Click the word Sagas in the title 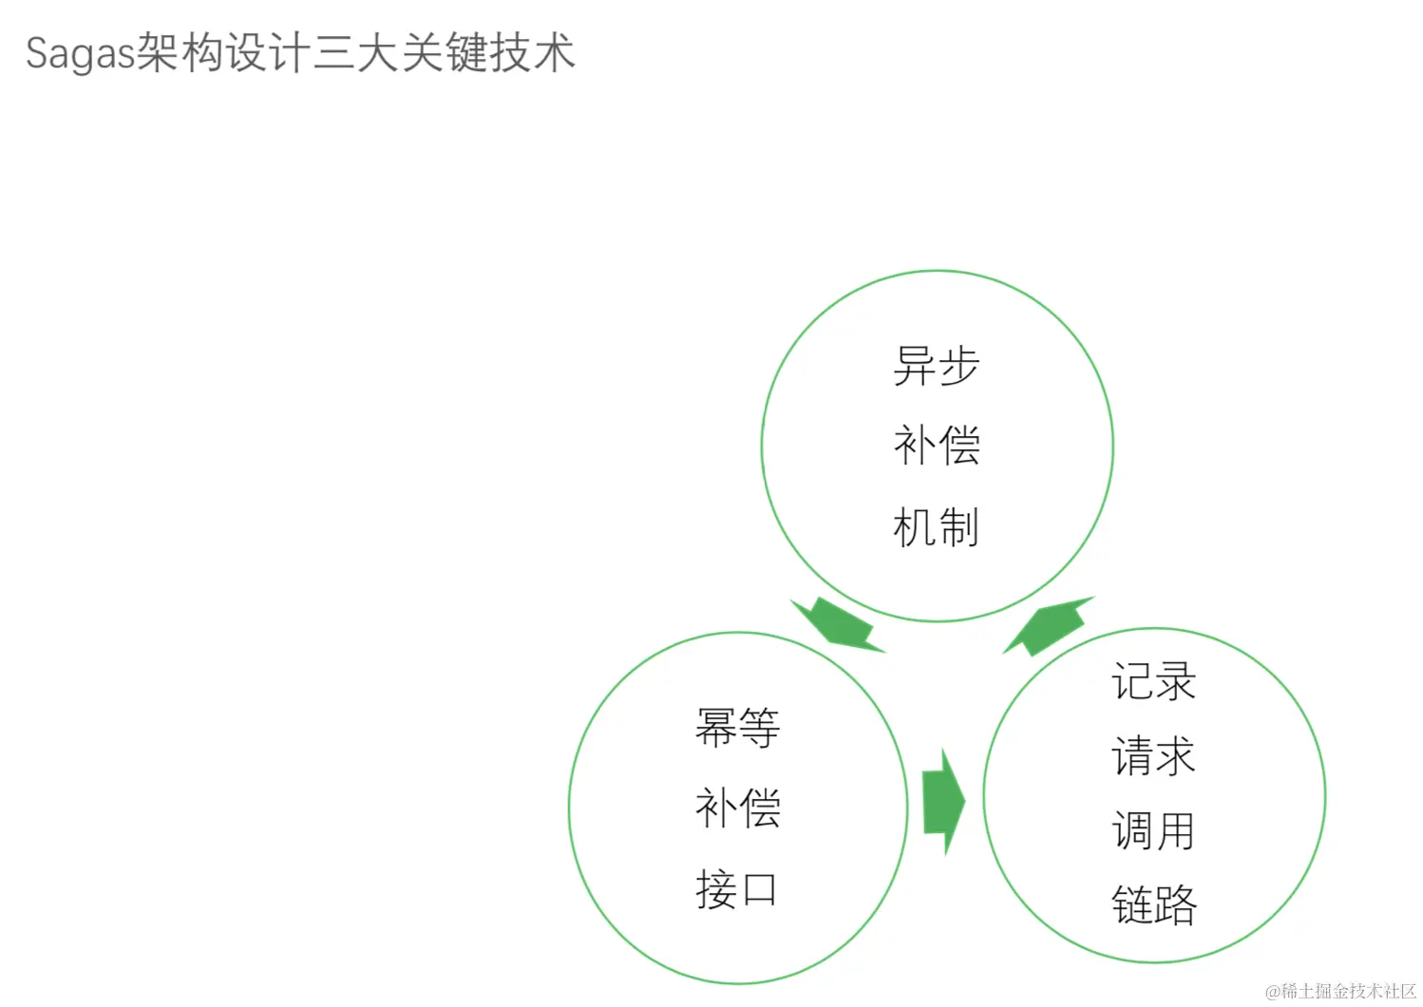[x=81, y=53]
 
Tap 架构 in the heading [x=180, y=53]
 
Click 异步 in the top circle [x=936, y=366]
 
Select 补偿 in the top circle [x=936, y=446]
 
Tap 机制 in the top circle [x=936, y=527]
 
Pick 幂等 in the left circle [x=737, y=728]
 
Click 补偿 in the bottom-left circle [x=737, y=808]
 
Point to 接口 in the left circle [x=737, y=890]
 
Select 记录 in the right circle [x=1153, y=682]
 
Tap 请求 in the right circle [x=1153, y=756]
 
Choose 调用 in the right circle [x=1153, y=831]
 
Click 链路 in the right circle [x=1153, y=904]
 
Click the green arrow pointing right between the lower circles [x=942, y=802]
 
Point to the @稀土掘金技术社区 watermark [x=1340, y=991]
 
